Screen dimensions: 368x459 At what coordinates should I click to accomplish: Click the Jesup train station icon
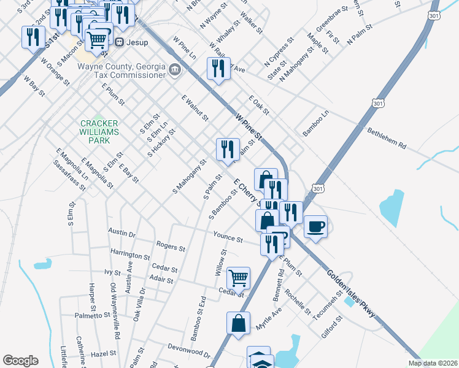[x=120, y=43]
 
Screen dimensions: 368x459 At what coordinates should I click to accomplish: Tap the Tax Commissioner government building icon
[x=175, y=70]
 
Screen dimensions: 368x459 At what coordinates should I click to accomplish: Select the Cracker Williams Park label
[x=95, y=131]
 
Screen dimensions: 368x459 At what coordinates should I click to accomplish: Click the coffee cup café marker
[x=315, y=226]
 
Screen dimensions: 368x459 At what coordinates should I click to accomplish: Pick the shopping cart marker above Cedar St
[x=238, y=277]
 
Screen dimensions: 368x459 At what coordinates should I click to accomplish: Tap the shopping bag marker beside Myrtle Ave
[x=238, y=322]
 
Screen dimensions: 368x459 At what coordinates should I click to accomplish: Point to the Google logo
[x=20, y=361]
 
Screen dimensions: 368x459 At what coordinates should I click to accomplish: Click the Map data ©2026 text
[x=433, y=363]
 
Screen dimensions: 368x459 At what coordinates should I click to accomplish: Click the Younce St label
[x=228, y=236]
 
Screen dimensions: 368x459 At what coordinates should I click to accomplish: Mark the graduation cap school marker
[x=258, y=359]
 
